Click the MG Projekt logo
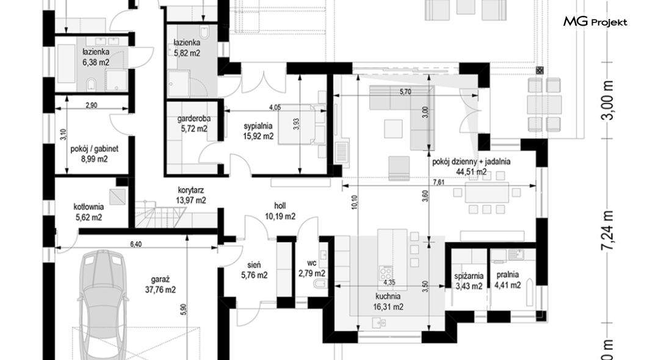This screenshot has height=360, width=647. point(595,22)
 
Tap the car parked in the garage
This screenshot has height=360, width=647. point(101,306)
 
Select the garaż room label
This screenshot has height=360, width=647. point(160,279)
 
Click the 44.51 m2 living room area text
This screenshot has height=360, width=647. point(471,171)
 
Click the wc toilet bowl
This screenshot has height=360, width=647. point(320,284)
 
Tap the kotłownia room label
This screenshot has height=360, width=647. point(89,207)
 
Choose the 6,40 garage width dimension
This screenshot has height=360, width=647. point(136,244)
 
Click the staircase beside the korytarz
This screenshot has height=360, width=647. point(160,213)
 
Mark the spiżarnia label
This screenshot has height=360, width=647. point(469,276)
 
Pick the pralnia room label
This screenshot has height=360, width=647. point(508,275)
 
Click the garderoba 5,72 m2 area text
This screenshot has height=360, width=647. point(194,129)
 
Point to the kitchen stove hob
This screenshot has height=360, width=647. point(385,273)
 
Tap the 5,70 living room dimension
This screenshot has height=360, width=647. point(405,92)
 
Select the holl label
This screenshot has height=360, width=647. point(280,206)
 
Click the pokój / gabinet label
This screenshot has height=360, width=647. point(95,148)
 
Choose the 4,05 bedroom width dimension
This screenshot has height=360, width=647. point(275,107)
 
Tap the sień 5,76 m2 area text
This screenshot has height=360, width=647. point(254,275)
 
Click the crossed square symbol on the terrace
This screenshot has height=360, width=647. point(540,70)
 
